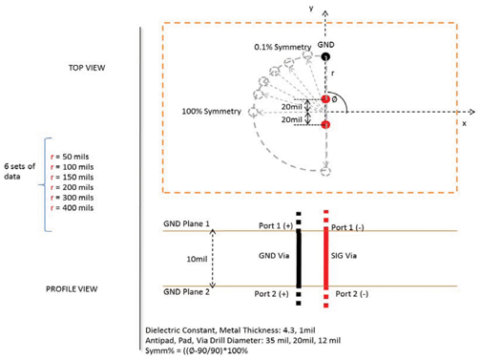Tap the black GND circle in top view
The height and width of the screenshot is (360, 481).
pos(326,57)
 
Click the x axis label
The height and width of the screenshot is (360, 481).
pos(462,123)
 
